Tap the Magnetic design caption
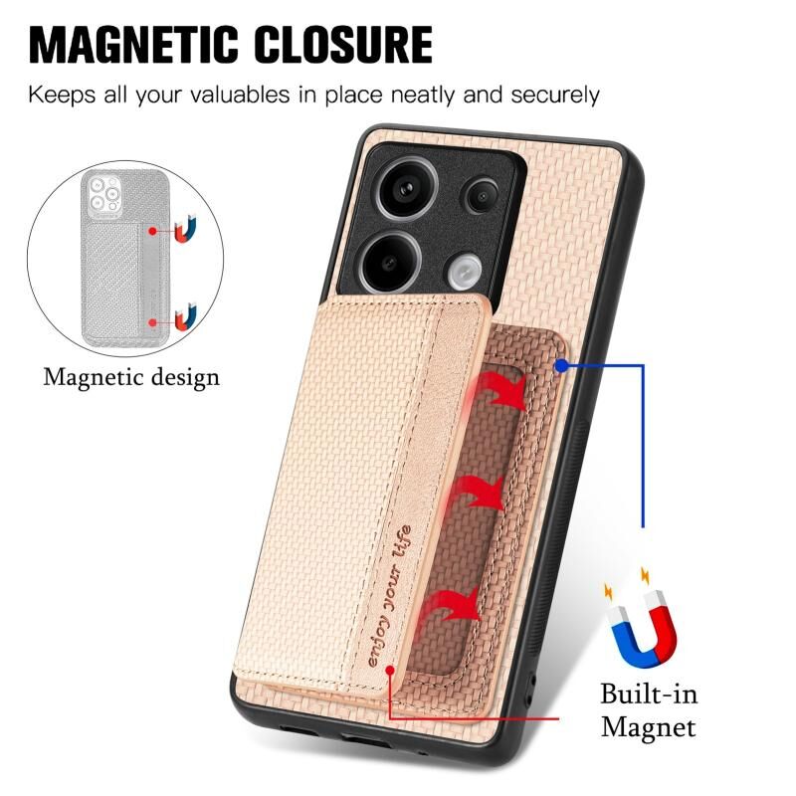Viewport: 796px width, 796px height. click(x=131, y=378)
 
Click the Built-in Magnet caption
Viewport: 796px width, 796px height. click(x=648, y=709)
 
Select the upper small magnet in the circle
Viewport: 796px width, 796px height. click(x=184, y=232)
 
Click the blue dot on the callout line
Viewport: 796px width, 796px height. click(x=562, y=367)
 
